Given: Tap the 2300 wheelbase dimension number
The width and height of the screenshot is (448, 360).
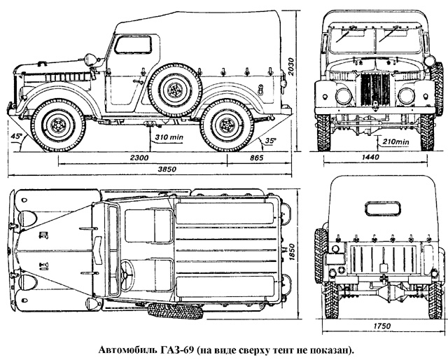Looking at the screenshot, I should point(140,158).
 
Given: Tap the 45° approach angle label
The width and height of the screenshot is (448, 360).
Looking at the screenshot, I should point(15,135).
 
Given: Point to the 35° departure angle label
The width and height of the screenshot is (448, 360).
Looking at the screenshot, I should point(271,139).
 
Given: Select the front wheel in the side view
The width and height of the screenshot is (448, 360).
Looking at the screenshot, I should point(56,125).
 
